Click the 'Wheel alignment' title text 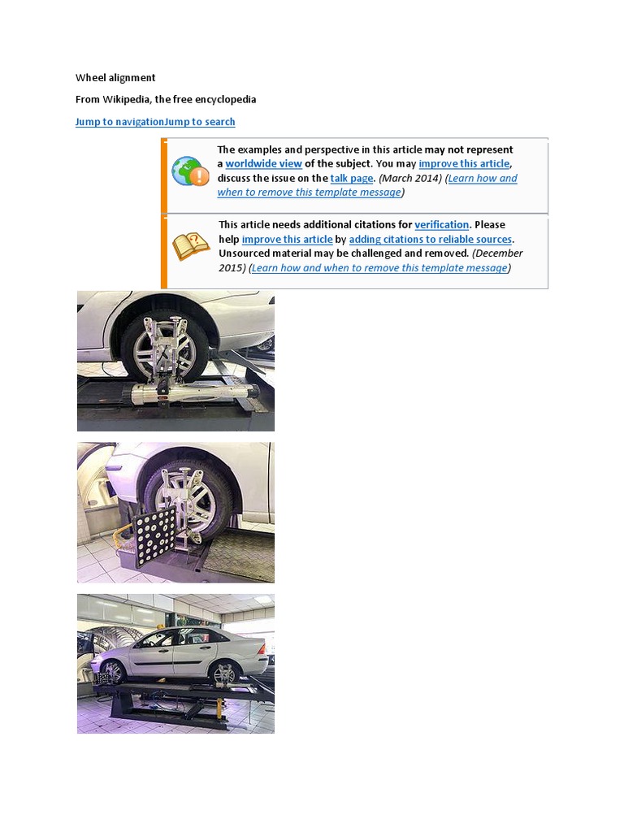[115, 78]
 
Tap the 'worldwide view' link [263, 164]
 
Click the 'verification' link [441, 225]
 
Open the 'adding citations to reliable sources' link [430, 240]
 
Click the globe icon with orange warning [190, 171]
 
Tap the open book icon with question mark [190, 246]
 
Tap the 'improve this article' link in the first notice [464, 164]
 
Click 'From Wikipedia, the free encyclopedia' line [166, 100]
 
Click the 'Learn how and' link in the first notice [483, 179]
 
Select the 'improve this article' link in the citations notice [287, 240]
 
